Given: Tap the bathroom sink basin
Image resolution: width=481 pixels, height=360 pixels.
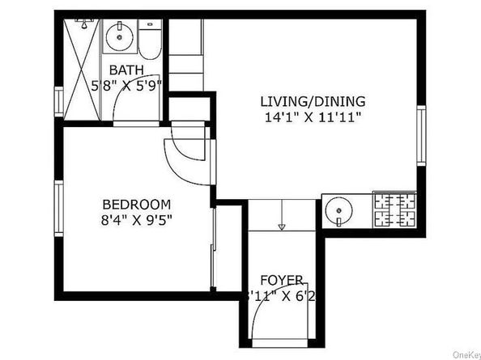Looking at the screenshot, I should (x=119, y=36).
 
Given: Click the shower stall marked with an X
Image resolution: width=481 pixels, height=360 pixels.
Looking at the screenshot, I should (x=82, y=70).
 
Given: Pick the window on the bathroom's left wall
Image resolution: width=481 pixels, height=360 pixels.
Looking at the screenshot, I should (x=59, y=101).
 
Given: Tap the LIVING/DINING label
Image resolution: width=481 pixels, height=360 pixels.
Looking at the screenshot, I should (x=312, y=102).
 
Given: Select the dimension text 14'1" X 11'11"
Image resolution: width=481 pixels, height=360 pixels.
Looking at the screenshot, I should (x=312, y=116).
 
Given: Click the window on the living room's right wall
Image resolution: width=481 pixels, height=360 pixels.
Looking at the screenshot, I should (x=421, y=134).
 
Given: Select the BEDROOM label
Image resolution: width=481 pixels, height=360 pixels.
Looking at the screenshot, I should (x=136, y=204).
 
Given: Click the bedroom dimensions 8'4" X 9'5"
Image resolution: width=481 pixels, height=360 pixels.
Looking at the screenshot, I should (x=136, y=218).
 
